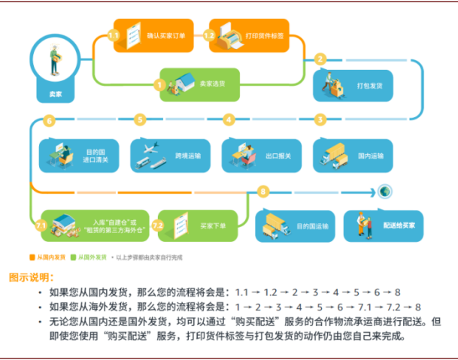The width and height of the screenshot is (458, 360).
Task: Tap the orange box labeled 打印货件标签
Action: click(256, 35)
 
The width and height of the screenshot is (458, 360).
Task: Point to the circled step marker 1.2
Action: click(210, 35)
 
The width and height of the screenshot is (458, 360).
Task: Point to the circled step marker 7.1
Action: click(41, 225)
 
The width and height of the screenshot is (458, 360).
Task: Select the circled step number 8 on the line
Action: click(263, 192)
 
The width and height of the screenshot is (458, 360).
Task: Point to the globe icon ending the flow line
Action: click(386, 192)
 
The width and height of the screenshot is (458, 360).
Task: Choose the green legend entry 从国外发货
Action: click(87, 256)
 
